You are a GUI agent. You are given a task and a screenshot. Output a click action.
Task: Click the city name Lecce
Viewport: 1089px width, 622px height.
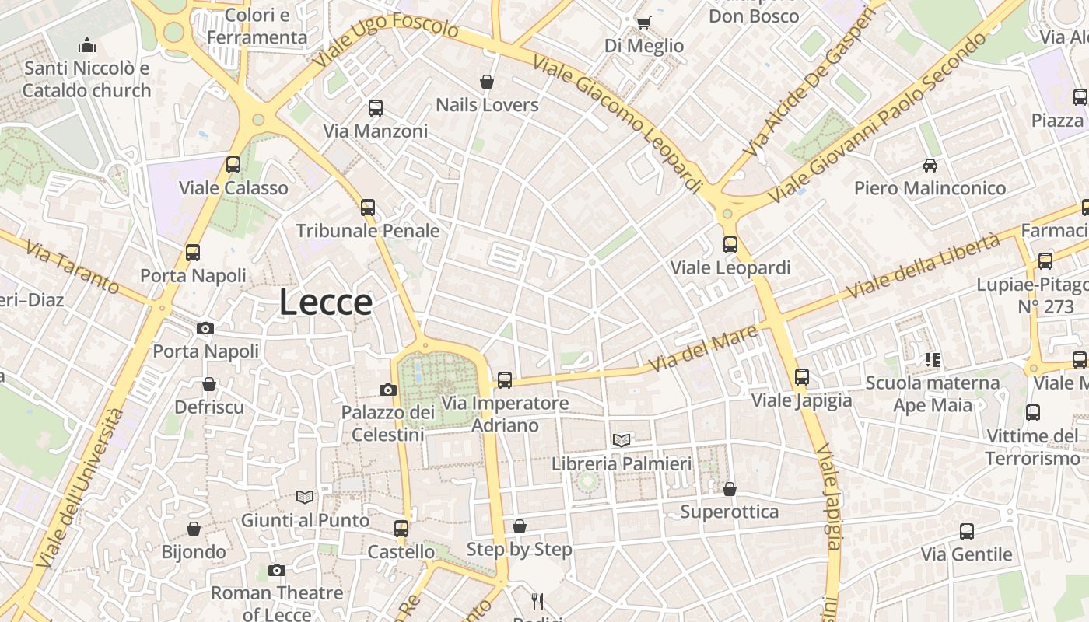(x=326, y=302)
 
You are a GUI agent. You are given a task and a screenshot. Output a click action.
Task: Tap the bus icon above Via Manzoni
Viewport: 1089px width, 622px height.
(x=376, y=108)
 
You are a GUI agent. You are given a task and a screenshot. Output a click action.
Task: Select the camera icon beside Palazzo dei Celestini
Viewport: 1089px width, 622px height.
(x=387, y=390)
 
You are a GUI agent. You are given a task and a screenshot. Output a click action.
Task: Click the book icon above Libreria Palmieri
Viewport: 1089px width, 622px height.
(x=621, y=440)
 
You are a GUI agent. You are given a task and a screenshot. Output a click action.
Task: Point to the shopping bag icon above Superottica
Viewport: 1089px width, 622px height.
(x=729, y=489)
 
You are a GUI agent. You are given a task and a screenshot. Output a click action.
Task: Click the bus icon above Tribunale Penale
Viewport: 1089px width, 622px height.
(x=368, y=208)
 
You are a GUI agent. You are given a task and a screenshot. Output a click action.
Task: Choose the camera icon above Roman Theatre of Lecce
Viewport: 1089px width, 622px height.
(x=276, y=571)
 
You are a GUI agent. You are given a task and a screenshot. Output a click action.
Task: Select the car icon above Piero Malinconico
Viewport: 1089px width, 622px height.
(x=930, y=165)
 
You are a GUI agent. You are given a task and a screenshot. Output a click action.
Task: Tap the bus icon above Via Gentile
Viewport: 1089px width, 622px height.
(x=966, y=532)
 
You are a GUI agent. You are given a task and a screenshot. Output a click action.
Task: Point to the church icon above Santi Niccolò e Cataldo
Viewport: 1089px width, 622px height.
(x=87, y=45)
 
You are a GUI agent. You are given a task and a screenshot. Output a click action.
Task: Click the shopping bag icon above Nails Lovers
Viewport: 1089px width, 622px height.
(x=487, y=82)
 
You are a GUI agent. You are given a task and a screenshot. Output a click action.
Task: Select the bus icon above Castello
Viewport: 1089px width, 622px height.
(x=401, y=529)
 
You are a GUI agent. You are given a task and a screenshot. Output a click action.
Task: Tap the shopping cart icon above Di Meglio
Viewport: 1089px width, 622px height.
(x=643, y=23)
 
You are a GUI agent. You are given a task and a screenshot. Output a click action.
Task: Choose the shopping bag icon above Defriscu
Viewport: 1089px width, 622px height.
(x=208, y=384)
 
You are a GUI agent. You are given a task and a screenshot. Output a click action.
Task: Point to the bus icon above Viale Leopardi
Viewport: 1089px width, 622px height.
(x=730, y=245)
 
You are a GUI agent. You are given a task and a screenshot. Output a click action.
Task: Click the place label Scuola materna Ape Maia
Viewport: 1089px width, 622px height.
(x=933, y=393)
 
